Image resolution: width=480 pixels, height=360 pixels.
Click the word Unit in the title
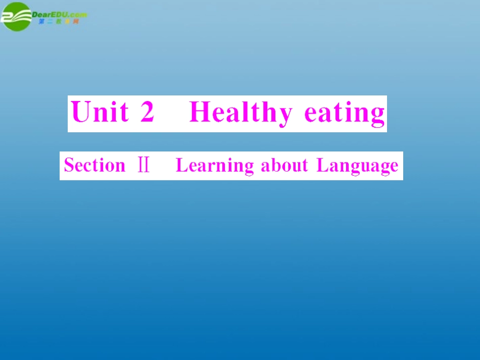pyautogui.click(x=100, y=112)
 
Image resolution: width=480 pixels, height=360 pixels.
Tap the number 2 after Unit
pyautogui.click(x=147, y=112)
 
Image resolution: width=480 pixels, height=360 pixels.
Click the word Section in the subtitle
pyautogui.click(x=94, y=165)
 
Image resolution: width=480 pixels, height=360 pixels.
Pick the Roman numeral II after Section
pyautogui.click(x=143, y=165)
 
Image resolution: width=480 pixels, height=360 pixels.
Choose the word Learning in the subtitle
pyautogui.click(x=215, y=166)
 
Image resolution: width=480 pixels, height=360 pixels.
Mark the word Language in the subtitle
pyautogui.click(x=357, y=166)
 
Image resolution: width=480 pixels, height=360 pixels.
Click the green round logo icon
pyautogui.click(x=16, y=16)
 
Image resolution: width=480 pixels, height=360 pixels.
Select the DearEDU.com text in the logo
pyautogui.click(x=59, y=15)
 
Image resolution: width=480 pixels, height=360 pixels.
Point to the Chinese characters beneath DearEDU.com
pyautogui.click(x=59, y=22)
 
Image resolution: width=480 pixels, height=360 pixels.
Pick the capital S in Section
pyautogui.click(x=69, y=165)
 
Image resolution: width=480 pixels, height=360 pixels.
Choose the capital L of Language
pyautogui.click(x=321, y=165)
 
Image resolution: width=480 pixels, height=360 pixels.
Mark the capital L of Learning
pyautogui.click(x=180, y=165)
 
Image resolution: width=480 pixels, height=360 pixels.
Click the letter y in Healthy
pyautogui.click(x=284, y=115)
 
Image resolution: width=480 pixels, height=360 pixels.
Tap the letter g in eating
pyautogui.click(x=377, y=115)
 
